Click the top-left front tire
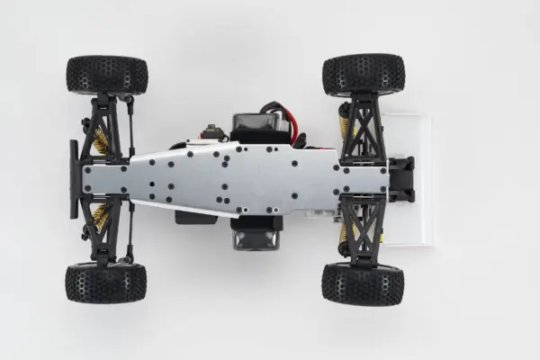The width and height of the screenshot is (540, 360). click(x=106, y=75)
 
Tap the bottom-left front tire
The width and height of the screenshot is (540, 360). click(x=105, y=283)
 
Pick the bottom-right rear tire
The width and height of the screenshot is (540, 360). click(x=363, y=283)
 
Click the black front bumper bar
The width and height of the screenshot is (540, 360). click(x=74, y=179)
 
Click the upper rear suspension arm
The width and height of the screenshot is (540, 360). click(x=364, y=126)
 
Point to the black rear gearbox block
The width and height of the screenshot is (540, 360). click(x=400, y=179)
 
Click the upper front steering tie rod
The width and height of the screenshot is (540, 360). click(x=131, y=126)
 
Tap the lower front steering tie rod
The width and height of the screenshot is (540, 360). click(x=130, y=232)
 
